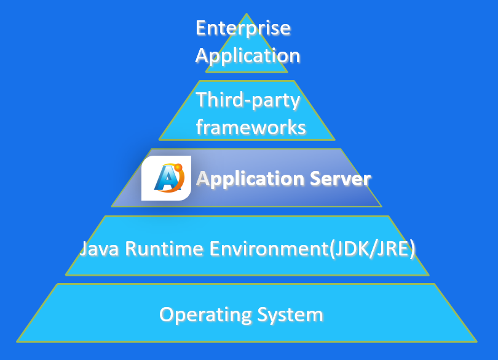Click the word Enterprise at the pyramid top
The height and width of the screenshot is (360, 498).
(243, 28)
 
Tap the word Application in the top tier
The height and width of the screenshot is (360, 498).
(248, 55)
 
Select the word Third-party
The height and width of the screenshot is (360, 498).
(247, 100)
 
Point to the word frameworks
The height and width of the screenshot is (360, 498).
(250, 127)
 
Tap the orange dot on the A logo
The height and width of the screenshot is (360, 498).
(178, 166)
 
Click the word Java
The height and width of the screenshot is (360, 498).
(101, 249)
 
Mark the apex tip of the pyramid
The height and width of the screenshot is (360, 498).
(247, 14)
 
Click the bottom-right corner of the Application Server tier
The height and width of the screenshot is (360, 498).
(382, 206)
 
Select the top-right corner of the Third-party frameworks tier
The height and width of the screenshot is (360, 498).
(294, 81)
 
